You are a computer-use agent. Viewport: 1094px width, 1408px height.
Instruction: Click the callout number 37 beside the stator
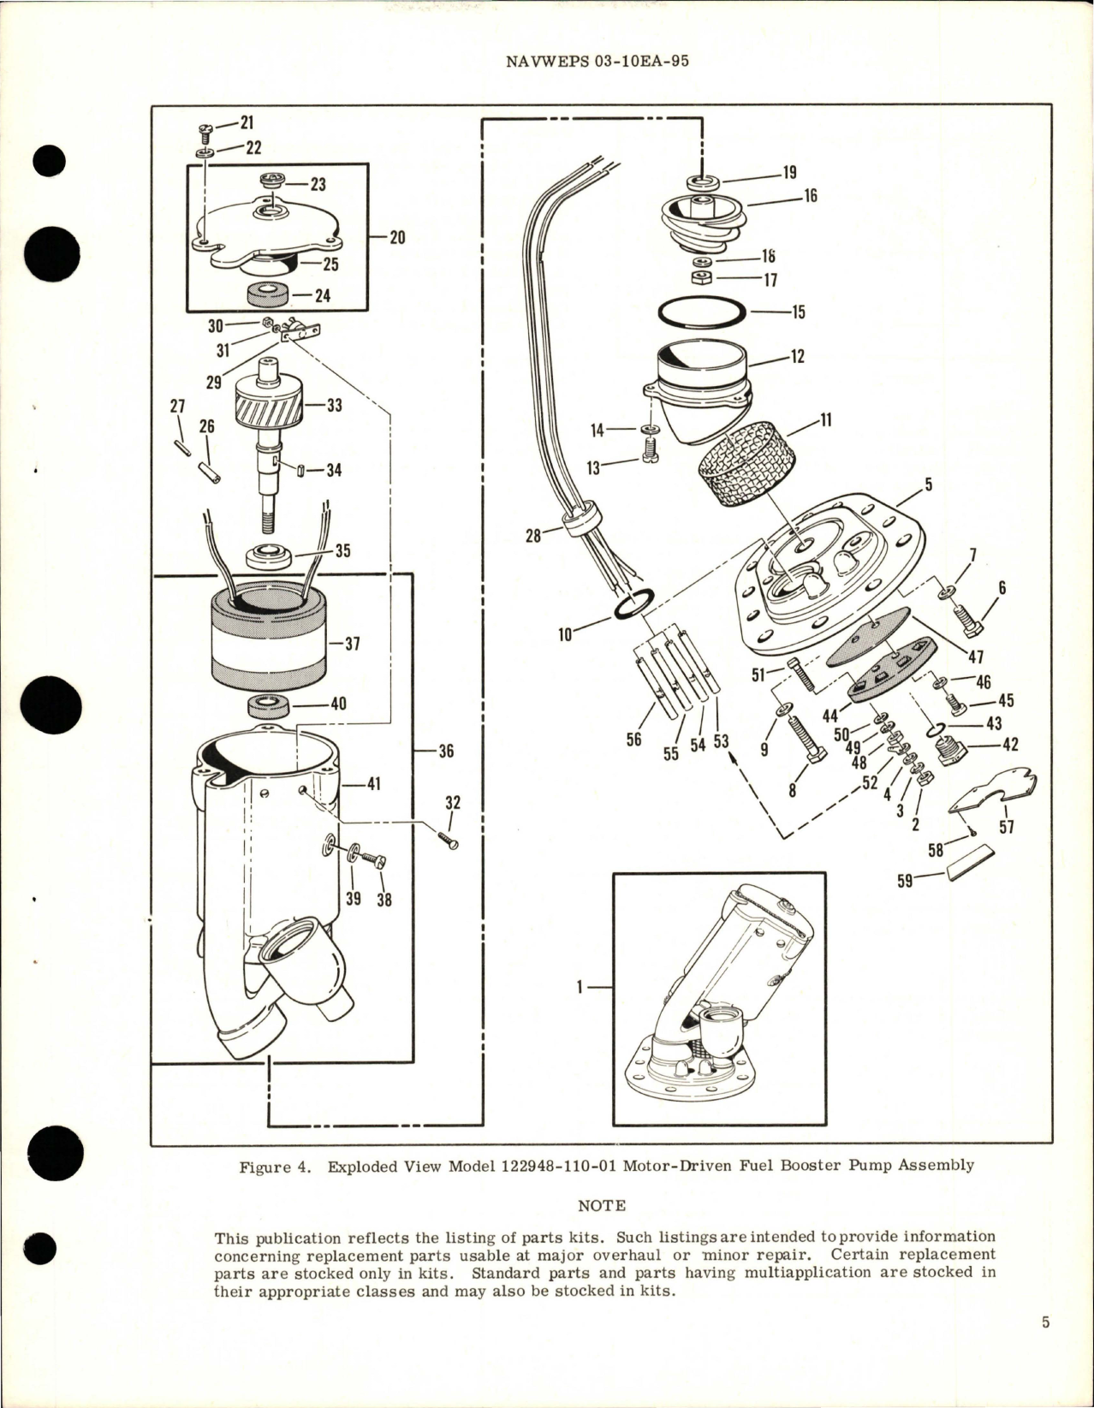click(x=350, y=643)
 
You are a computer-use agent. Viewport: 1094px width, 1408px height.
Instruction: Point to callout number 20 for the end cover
click(x=397, y=238)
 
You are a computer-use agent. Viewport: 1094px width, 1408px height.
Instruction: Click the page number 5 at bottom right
click(x=1045, y=1346)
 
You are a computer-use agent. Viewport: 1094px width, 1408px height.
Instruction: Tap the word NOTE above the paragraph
click(x=601, y=1205)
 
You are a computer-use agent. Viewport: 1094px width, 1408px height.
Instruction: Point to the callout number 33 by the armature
click(x=334, y=405)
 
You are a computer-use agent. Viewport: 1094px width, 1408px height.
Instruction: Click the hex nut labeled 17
click(x=701, y=279)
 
